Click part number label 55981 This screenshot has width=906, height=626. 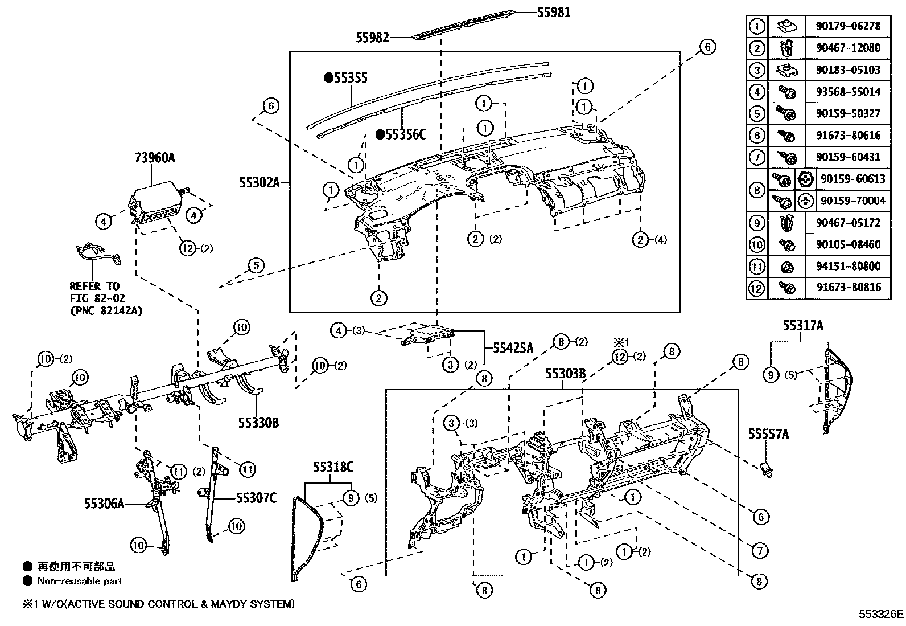coord(553,12)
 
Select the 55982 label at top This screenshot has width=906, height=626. coord(373,38)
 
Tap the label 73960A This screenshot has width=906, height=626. coord(155,158)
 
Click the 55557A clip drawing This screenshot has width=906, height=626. coord(766,468)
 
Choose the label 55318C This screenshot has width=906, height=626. coord(333,468)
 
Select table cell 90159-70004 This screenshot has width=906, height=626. coord(853,201)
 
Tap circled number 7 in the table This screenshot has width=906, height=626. coord(756,157)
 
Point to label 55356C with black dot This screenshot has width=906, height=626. coord(405,134)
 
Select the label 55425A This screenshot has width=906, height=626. coord(513,347)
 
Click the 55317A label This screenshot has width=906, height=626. coord(802,325)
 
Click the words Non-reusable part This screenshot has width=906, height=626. coord(80,581)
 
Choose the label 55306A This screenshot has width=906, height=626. coord(104,503)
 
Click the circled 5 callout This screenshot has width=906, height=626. coord(256,265)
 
